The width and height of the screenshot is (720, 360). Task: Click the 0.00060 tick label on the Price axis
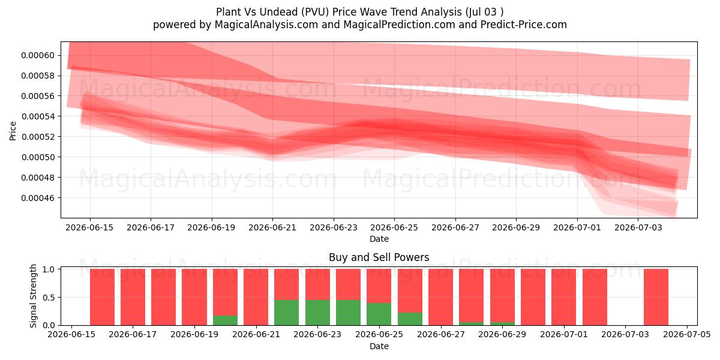tap(38, 55)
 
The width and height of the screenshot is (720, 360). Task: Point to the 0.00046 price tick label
tap(38, 197)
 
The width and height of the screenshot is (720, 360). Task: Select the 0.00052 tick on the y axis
tap(38, 137)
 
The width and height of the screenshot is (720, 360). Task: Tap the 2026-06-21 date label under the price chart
tap(272, 227)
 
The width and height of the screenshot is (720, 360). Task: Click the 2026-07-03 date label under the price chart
tap(638, 227)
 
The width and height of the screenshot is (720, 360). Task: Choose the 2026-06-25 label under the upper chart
tap(394, 227)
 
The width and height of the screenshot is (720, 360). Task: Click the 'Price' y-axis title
tap(13, 131)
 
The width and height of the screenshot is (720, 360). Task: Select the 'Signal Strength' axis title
tap(33, 296)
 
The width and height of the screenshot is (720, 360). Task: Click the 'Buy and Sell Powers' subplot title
tap(379, 257)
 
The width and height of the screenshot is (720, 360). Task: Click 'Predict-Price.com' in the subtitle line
tap(524, 25)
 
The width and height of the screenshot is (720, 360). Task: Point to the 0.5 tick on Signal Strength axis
tap(49, 298)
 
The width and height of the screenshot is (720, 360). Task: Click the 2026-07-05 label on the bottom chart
tap(687, 334)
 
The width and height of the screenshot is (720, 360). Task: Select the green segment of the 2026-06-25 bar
tap(379, 314)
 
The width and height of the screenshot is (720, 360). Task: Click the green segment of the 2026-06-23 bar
tap(317, 313)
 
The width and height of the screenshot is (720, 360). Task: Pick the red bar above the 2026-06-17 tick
tap(133, 297)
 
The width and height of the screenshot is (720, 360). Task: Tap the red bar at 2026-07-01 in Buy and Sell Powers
tap(564, 297)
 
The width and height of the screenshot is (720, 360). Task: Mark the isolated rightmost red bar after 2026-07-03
tap(656, 297)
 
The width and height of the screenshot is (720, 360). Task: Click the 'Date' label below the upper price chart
tap(379, 239)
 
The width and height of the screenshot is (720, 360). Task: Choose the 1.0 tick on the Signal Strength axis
tap(49, 269)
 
